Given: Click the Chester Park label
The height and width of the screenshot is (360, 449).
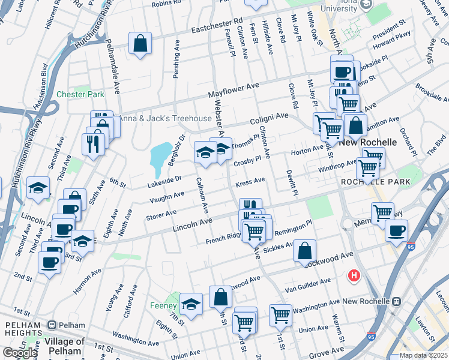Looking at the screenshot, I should (80, 94).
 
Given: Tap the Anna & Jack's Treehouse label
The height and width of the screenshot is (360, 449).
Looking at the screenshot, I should (164, 118).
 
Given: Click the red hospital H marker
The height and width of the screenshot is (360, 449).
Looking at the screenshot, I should (355, 275).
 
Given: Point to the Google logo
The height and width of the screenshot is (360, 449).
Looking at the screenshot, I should (20, 353).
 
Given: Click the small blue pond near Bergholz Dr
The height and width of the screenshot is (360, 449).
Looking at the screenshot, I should (160, 156).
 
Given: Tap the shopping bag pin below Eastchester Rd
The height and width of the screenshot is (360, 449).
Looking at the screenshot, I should (140, 43).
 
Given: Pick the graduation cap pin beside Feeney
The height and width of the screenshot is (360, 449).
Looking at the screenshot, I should (191, 304).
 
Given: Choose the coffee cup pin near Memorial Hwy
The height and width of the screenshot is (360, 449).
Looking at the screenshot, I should (395, 231).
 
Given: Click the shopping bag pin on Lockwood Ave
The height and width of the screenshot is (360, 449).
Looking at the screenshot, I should (305, 251).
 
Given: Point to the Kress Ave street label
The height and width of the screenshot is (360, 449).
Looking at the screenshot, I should (250, 181).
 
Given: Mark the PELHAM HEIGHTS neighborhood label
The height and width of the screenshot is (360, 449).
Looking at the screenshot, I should (23, 325).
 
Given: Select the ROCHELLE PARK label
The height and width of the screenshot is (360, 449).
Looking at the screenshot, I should (375, 181).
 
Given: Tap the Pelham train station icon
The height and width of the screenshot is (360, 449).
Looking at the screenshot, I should (52, 325).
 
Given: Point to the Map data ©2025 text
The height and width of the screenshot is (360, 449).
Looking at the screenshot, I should (424, 355).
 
